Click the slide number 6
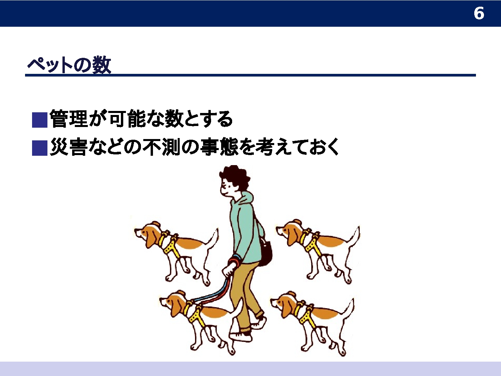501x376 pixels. (x=479, y=13)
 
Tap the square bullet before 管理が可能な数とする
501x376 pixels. (x=40, y=120)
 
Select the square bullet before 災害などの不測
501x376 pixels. (x=40, y=148)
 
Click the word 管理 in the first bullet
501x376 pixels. (x=69, y=119)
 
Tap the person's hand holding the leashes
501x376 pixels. (x=228, y=270)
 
